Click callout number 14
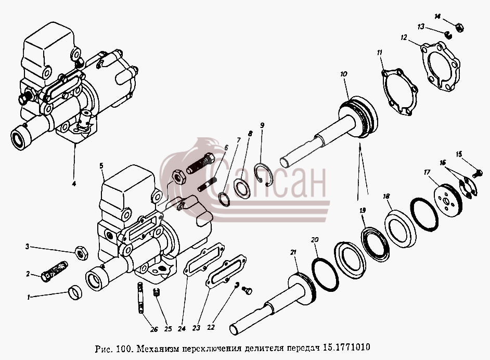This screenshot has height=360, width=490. click(x=437, y=16)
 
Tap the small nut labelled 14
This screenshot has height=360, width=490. click(x=459, y=27)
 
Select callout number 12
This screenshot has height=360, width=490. click(x=404, y=37)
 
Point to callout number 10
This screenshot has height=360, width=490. click(x=343, y=74)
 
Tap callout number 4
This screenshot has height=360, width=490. click(x=74, y=184)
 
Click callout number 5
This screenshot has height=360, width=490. click(x=101, y=165)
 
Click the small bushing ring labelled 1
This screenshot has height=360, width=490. click(x=75, y=292)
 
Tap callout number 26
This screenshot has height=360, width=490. click(x=154, y=329)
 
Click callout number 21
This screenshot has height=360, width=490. click(x=293, y=252)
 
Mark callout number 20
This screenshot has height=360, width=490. click(x=315, y=240)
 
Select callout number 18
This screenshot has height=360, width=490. click(x=386, y=196)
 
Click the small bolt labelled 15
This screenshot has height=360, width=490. click(x=477, y=173)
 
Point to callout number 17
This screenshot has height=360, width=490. click(x=427, y=172)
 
